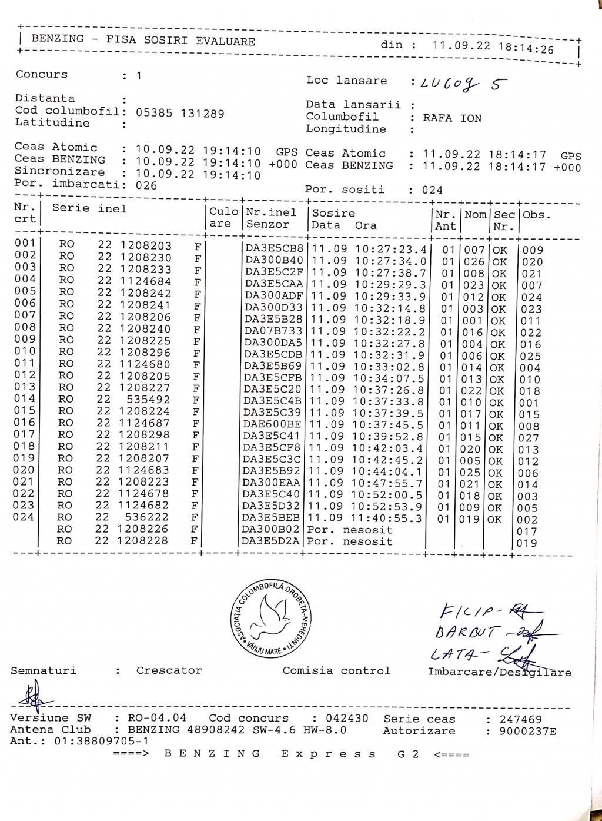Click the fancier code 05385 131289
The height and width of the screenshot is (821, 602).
180,114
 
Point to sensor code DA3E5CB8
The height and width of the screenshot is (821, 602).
275,248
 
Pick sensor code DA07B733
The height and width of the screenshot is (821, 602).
273,331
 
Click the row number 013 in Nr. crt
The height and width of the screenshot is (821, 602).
25,387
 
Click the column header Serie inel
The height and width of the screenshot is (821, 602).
89,208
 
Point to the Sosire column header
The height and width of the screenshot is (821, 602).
333,213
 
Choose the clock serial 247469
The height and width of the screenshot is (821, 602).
521,719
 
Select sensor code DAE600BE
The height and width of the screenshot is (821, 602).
272,424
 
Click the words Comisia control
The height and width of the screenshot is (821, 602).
336,670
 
